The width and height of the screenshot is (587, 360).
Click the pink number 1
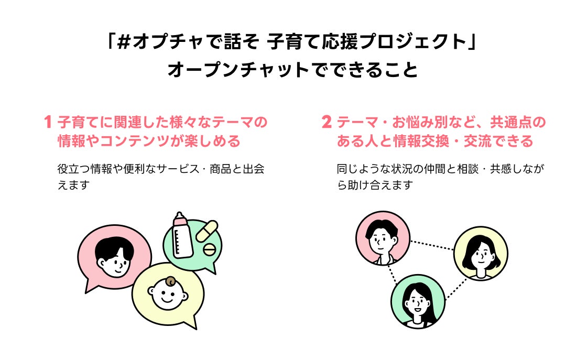(48, 123)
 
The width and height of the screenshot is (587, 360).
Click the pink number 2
(326, 123)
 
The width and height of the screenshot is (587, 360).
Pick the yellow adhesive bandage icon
(206, 231)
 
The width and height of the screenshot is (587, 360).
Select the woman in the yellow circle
(481, 254)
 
